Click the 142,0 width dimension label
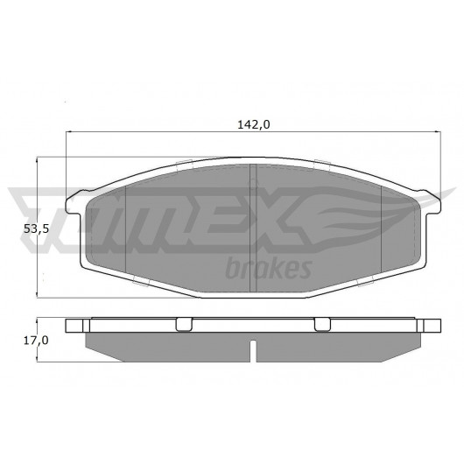pos(254,124)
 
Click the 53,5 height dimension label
pos(36,228)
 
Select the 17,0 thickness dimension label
pos(36,341)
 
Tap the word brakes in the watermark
pos(269,269)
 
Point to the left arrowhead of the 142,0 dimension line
pos(68,131)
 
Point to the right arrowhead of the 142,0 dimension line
pos(438,131)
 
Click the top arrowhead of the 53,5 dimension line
pos(37,161)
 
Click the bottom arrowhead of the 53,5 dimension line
pos(37,294)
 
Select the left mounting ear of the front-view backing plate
pos(74,203)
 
